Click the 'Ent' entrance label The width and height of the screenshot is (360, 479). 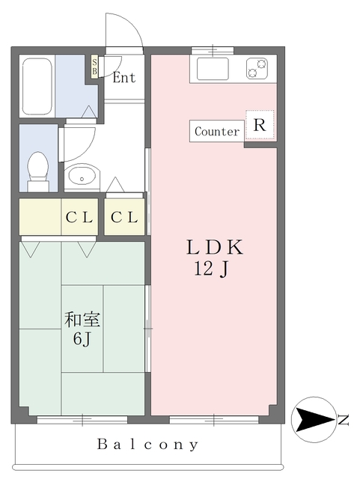point(124,78)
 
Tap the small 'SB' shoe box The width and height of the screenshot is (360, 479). point(94,67)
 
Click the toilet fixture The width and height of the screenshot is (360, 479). point(37,170)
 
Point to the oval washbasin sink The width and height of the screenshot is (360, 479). point(80,178)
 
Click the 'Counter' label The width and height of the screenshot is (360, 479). point(217,132)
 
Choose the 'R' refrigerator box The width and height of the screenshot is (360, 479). point(260,125)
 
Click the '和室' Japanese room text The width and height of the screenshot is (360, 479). point(82,320)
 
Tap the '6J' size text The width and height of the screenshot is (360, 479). point(82,341)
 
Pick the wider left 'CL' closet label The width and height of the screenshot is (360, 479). point(79,218)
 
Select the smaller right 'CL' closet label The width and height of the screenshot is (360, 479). point(124,218)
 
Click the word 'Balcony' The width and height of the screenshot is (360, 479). point(148,445)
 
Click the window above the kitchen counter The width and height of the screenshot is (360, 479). point(213,51)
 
